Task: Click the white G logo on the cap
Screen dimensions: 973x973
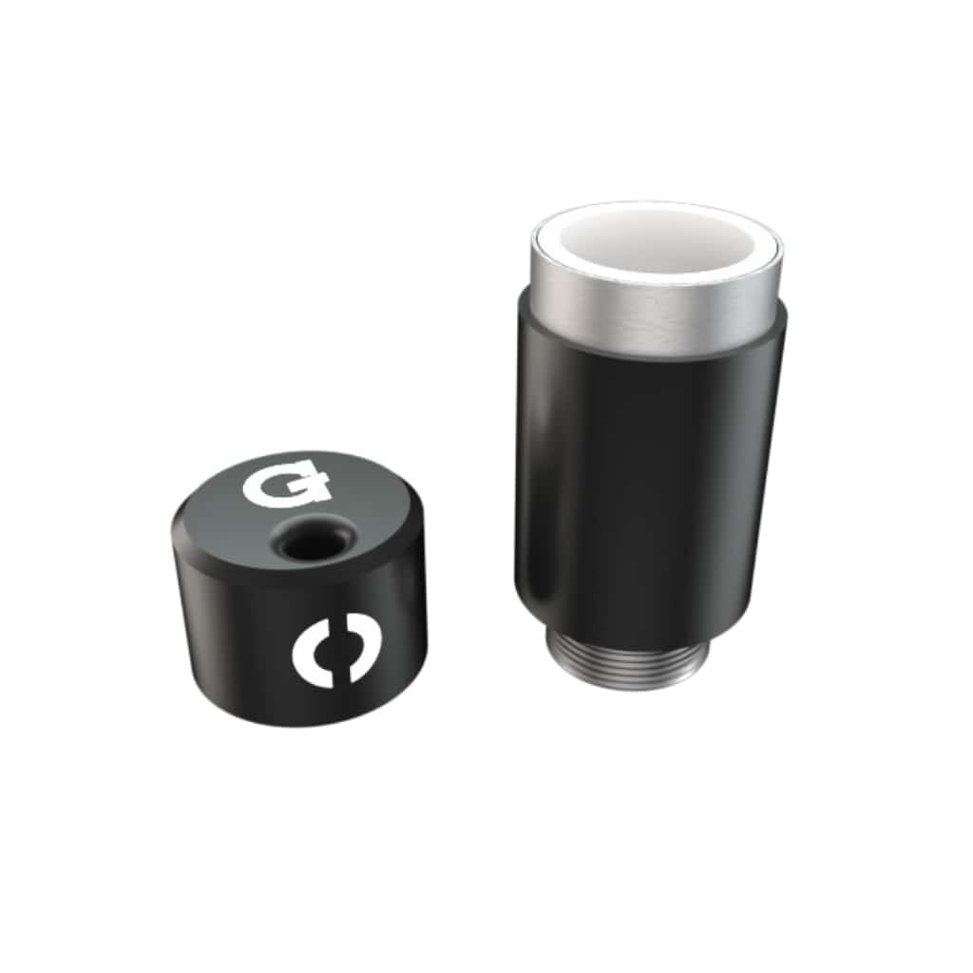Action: [x=285, y=486]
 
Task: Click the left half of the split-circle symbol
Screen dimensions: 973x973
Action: [x=311, y=658]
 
